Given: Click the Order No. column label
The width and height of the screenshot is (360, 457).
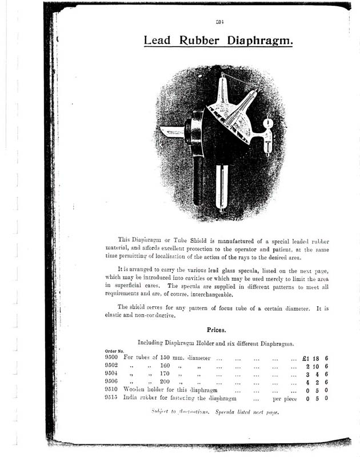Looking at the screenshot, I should pos(113,350).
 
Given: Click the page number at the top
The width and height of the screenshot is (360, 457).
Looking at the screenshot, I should pos(219,22).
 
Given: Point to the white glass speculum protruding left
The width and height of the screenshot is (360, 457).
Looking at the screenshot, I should pos(171,132).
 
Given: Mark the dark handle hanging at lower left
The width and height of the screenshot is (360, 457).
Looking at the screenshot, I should pos(198,180).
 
